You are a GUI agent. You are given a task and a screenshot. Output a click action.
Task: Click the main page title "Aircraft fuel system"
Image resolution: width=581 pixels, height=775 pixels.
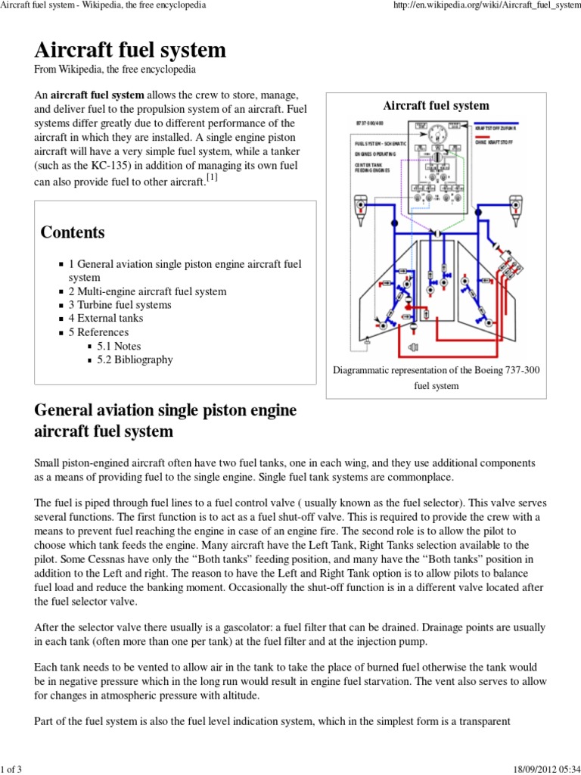click(x=130, y=50)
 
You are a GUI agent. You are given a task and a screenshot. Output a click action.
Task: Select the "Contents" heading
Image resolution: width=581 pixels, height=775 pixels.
click(x=73, y=232)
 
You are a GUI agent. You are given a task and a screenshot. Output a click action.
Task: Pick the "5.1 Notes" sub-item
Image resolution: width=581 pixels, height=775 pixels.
click(x=119, y=346)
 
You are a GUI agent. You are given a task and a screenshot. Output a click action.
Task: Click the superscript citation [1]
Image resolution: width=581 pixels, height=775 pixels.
click(x=213, y=177)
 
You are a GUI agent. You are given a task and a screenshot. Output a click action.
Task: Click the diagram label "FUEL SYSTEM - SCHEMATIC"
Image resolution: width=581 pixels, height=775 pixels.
click(x=381, y=143)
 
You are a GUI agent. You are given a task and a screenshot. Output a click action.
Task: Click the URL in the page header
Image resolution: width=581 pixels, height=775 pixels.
click(x=484, y=6)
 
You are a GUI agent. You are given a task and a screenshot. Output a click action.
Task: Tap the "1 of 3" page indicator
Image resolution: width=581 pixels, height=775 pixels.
click(x=13, y=768)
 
